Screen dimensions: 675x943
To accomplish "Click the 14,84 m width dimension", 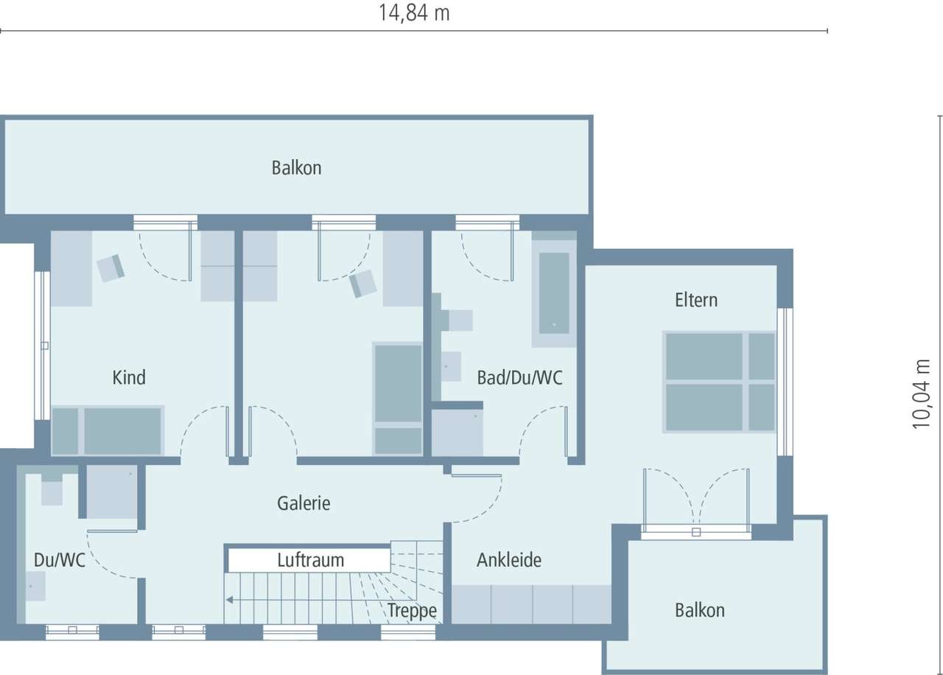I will [x=414, y=13].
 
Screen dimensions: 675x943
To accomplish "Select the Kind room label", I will [x=129, y=378].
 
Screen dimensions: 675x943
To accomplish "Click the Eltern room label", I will [x=695, y=301].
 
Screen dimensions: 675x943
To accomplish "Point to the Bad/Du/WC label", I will [x=519, y=378].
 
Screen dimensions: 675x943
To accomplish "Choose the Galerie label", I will [x=304, y=503].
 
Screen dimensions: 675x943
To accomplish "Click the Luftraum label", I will [x=310, y=560].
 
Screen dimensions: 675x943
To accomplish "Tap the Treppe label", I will [x=412, y=611].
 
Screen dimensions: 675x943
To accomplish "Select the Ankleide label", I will [x=508, y=560].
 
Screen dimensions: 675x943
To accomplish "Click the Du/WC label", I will [x=60, y=560].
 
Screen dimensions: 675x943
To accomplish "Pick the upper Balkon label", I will [x=296, y=168].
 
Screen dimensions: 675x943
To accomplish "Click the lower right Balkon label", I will [x=699, y=611].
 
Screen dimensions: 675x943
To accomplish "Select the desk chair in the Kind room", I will [x=111, y=267].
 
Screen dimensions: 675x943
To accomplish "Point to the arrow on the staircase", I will [x=231, y=600].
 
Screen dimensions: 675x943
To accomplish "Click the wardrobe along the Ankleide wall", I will [x=531, y=604].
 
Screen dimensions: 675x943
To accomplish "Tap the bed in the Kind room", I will [x=108, y=431].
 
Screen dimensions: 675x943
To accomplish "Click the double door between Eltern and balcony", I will [x=696, y=501].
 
